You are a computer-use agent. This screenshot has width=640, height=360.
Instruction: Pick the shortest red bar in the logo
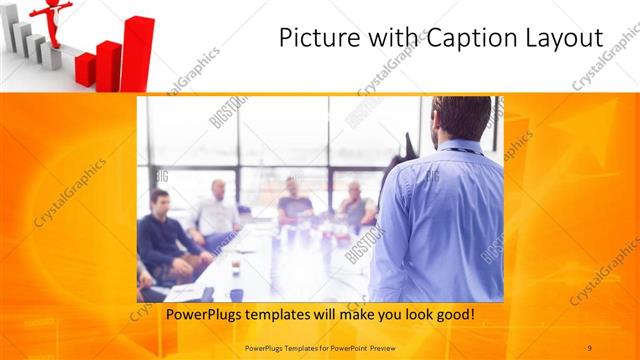click(85, 69)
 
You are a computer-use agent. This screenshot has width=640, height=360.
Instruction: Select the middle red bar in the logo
click(108, 64)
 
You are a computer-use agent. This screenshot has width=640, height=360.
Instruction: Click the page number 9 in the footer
click(590, 347)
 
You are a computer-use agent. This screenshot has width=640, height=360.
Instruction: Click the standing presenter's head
click(463, 119)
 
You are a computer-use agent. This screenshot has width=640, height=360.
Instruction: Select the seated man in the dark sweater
click(161, 240)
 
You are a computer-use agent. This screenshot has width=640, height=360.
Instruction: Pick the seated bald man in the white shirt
click(216, 215)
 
